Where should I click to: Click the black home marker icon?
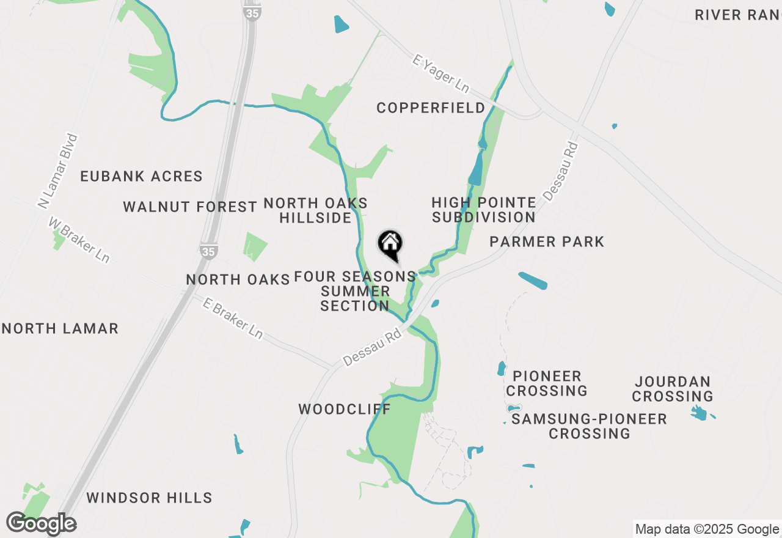390,245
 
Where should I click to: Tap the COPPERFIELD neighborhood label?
431,108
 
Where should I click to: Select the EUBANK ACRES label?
141,177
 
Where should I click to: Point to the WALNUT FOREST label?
190,207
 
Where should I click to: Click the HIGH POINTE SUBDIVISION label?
484,210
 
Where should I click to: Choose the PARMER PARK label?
547,242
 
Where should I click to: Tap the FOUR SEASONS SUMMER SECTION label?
355,291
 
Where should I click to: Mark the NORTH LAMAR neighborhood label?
60,329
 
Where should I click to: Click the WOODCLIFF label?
344,410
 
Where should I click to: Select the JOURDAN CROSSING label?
673,389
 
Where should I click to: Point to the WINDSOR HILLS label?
149,498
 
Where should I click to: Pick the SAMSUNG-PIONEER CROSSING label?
589,426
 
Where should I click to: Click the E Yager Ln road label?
440,73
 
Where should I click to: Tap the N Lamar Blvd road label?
57,171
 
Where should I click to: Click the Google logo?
41,523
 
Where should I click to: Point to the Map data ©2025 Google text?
707,529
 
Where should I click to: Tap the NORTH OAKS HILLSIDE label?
316,210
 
